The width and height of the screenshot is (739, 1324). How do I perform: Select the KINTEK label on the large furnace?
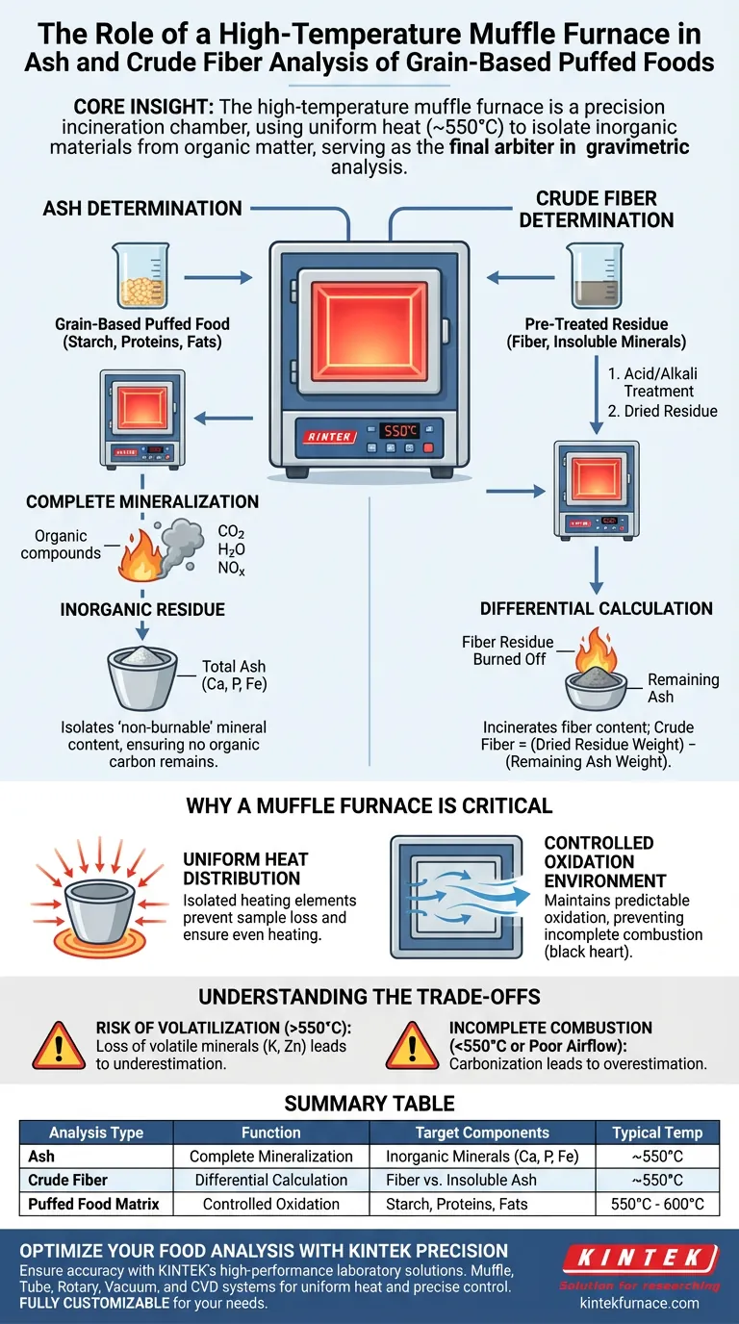[329, 435]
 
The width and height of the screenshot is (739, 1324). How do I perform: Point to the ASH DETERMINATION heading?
[141, 208]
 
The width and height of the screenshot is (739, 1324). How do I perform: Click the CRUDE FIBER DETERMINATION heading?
[597, 209]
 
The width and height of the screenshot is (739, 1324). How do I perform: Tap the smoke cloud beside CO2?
[180, 542]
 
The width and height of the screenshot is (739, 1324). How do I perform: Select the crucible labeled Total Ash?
[142, 677]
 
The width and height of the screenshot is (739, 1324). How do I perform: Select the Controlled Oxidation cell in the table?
[270, 1204]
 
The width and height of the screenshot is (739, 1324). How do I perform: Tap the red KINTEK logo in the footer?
[639, 1259]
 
